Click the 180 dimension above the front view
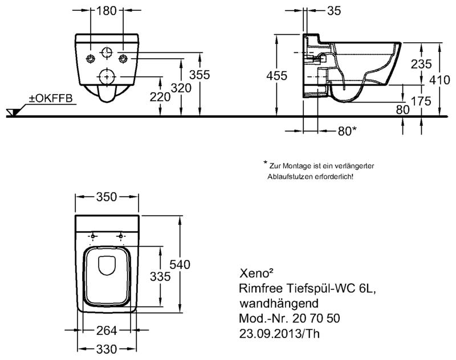point(106,11)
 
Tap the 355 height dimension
point(199,75)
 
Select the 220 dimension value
point(160,97)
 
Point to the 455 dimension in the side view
point(277,76)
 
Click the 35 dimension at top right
point(334,11)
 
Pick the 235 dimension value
point(421,64)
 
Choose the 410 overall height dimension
point(439,80)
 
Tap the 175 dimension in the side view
point(421,101)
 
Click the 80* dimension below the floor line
point(347,132)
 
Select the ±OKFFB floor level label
point(51,98)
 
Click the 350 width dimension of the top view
point(107,197)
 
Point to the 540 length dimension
point(180,265)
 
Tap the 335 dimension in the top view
point(160,277)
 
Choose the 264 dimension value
point(107,330)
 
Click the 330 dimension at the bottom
point(107,349)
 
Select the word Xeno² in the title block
point(256,273)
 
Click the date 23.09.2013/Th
point(279,334)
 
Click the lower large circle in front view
point(107,77)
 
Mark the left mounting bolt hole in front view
point(91,59)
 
